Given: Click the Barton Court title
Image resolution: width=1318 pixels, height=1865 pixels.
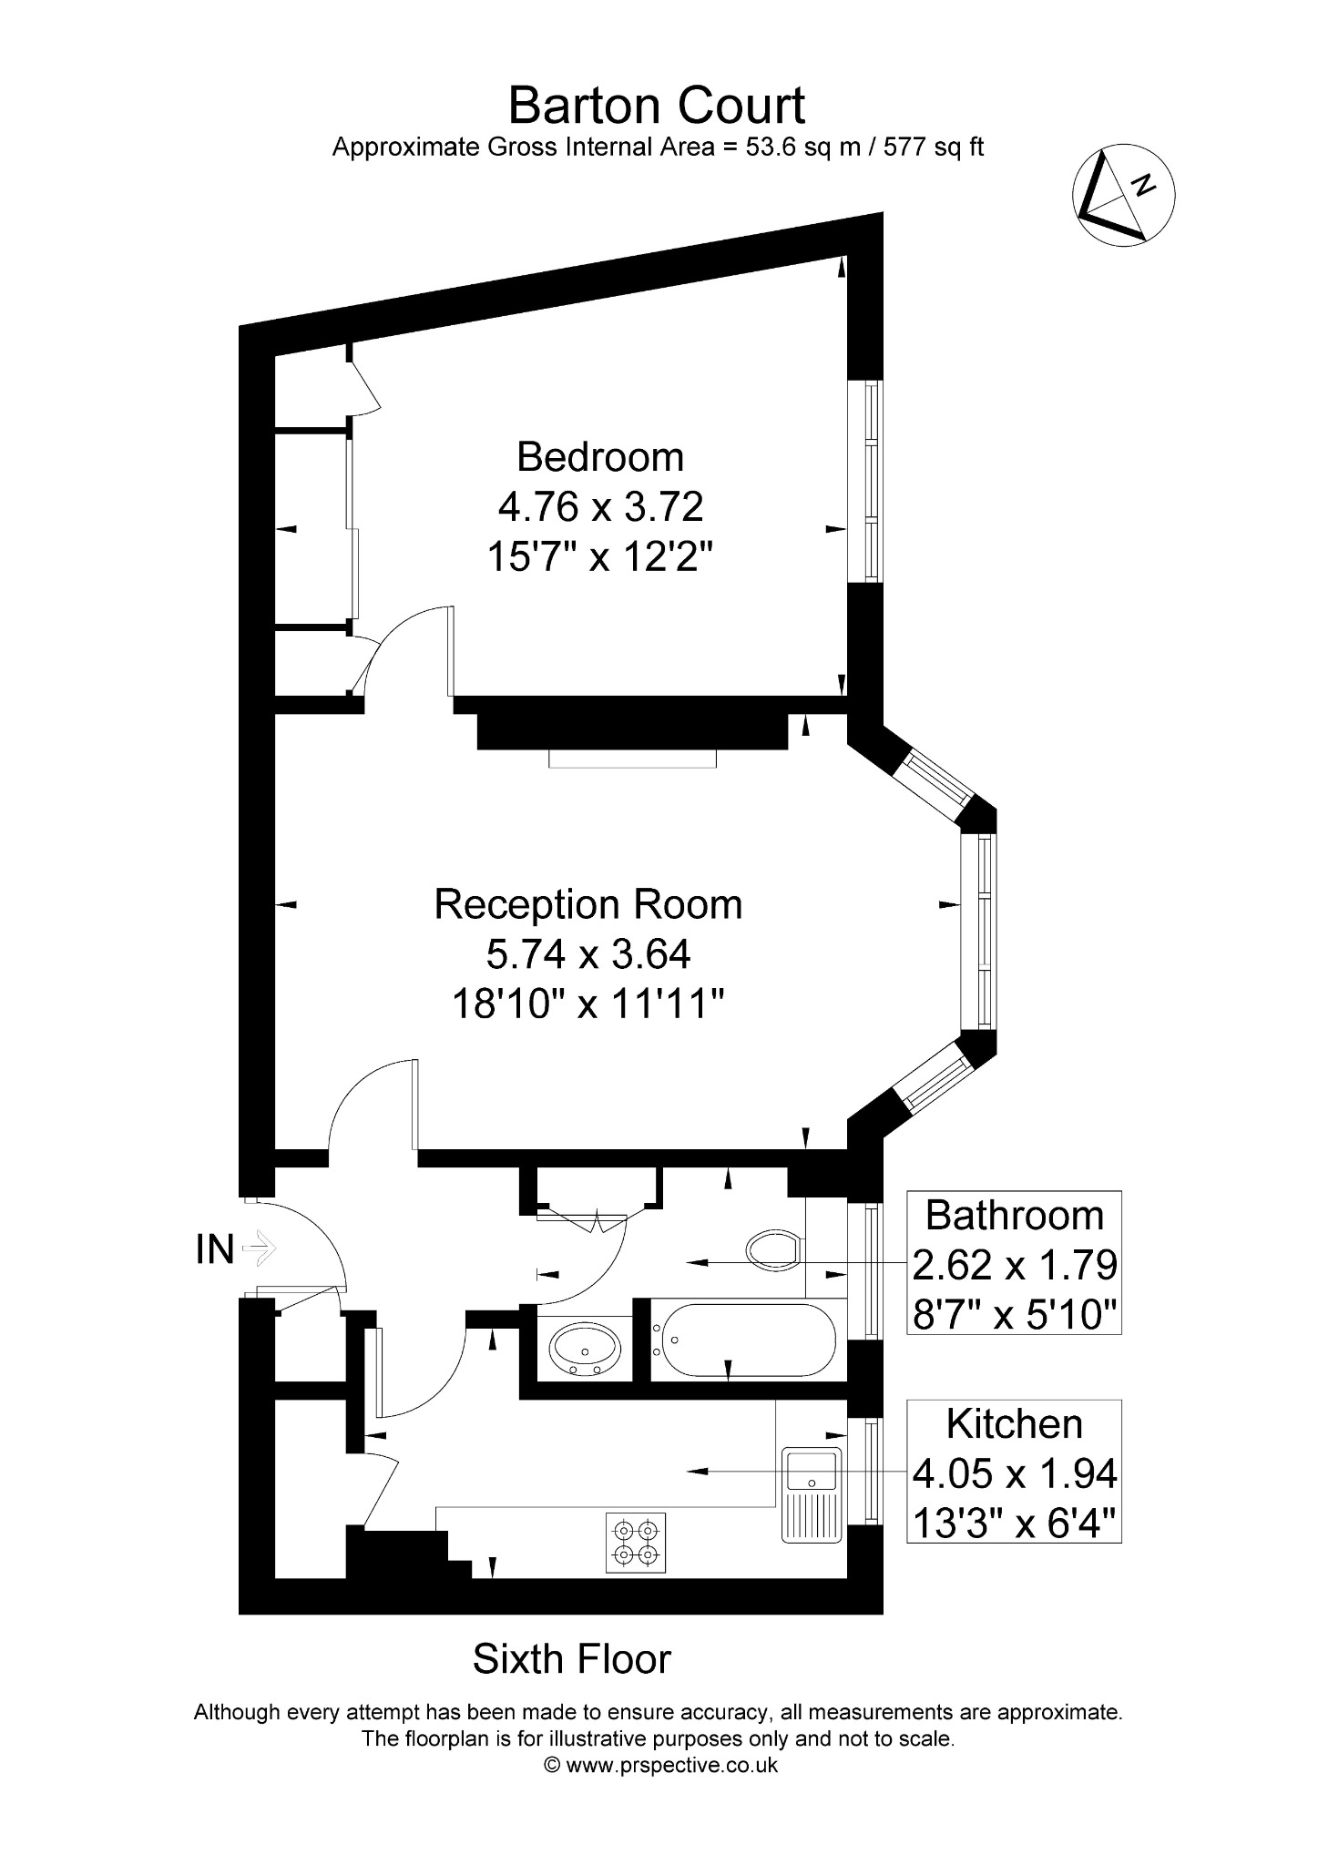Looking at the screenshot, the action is coord(656,106).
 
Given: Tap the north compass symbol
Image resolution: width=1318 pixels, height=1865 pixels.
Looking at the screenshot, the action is coord(1123,197).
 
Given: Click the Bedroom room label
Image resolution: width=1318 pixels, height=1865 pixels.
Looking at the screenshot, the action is coord(600,456).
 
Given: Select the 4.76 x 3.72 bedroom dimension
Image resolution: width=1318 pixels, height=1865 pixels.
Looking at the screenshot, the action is coord(600,506).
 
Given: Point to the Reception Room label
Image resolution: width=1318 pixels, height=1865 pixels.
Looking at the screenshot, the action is coord(588,904).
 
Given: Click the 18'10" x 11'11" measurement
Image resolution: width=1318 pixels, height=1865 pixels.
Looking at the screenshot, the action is coord(588,1004).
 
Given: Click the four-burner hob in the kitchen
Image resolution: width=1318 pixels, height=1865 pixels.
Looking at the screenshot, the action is coord(635,1543).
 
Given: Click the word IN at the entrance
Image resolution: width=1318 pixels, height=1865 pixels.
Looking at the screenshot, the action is coord(215,1249).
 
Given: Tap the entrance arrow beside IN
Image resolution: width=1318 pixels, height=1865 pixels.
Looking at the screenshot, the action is coord(260,1248).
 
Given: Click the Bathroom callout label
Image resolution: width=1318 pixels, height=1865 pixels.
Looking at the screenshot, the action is coord(1014,1215).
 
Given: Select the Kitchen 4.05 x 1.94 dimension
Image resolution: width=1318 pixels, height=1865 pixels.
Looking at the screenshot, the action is coord(1015,1472).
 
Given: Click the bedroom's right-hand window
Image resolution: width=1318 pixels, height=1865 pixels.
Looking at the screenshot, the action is coord(865,481).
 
